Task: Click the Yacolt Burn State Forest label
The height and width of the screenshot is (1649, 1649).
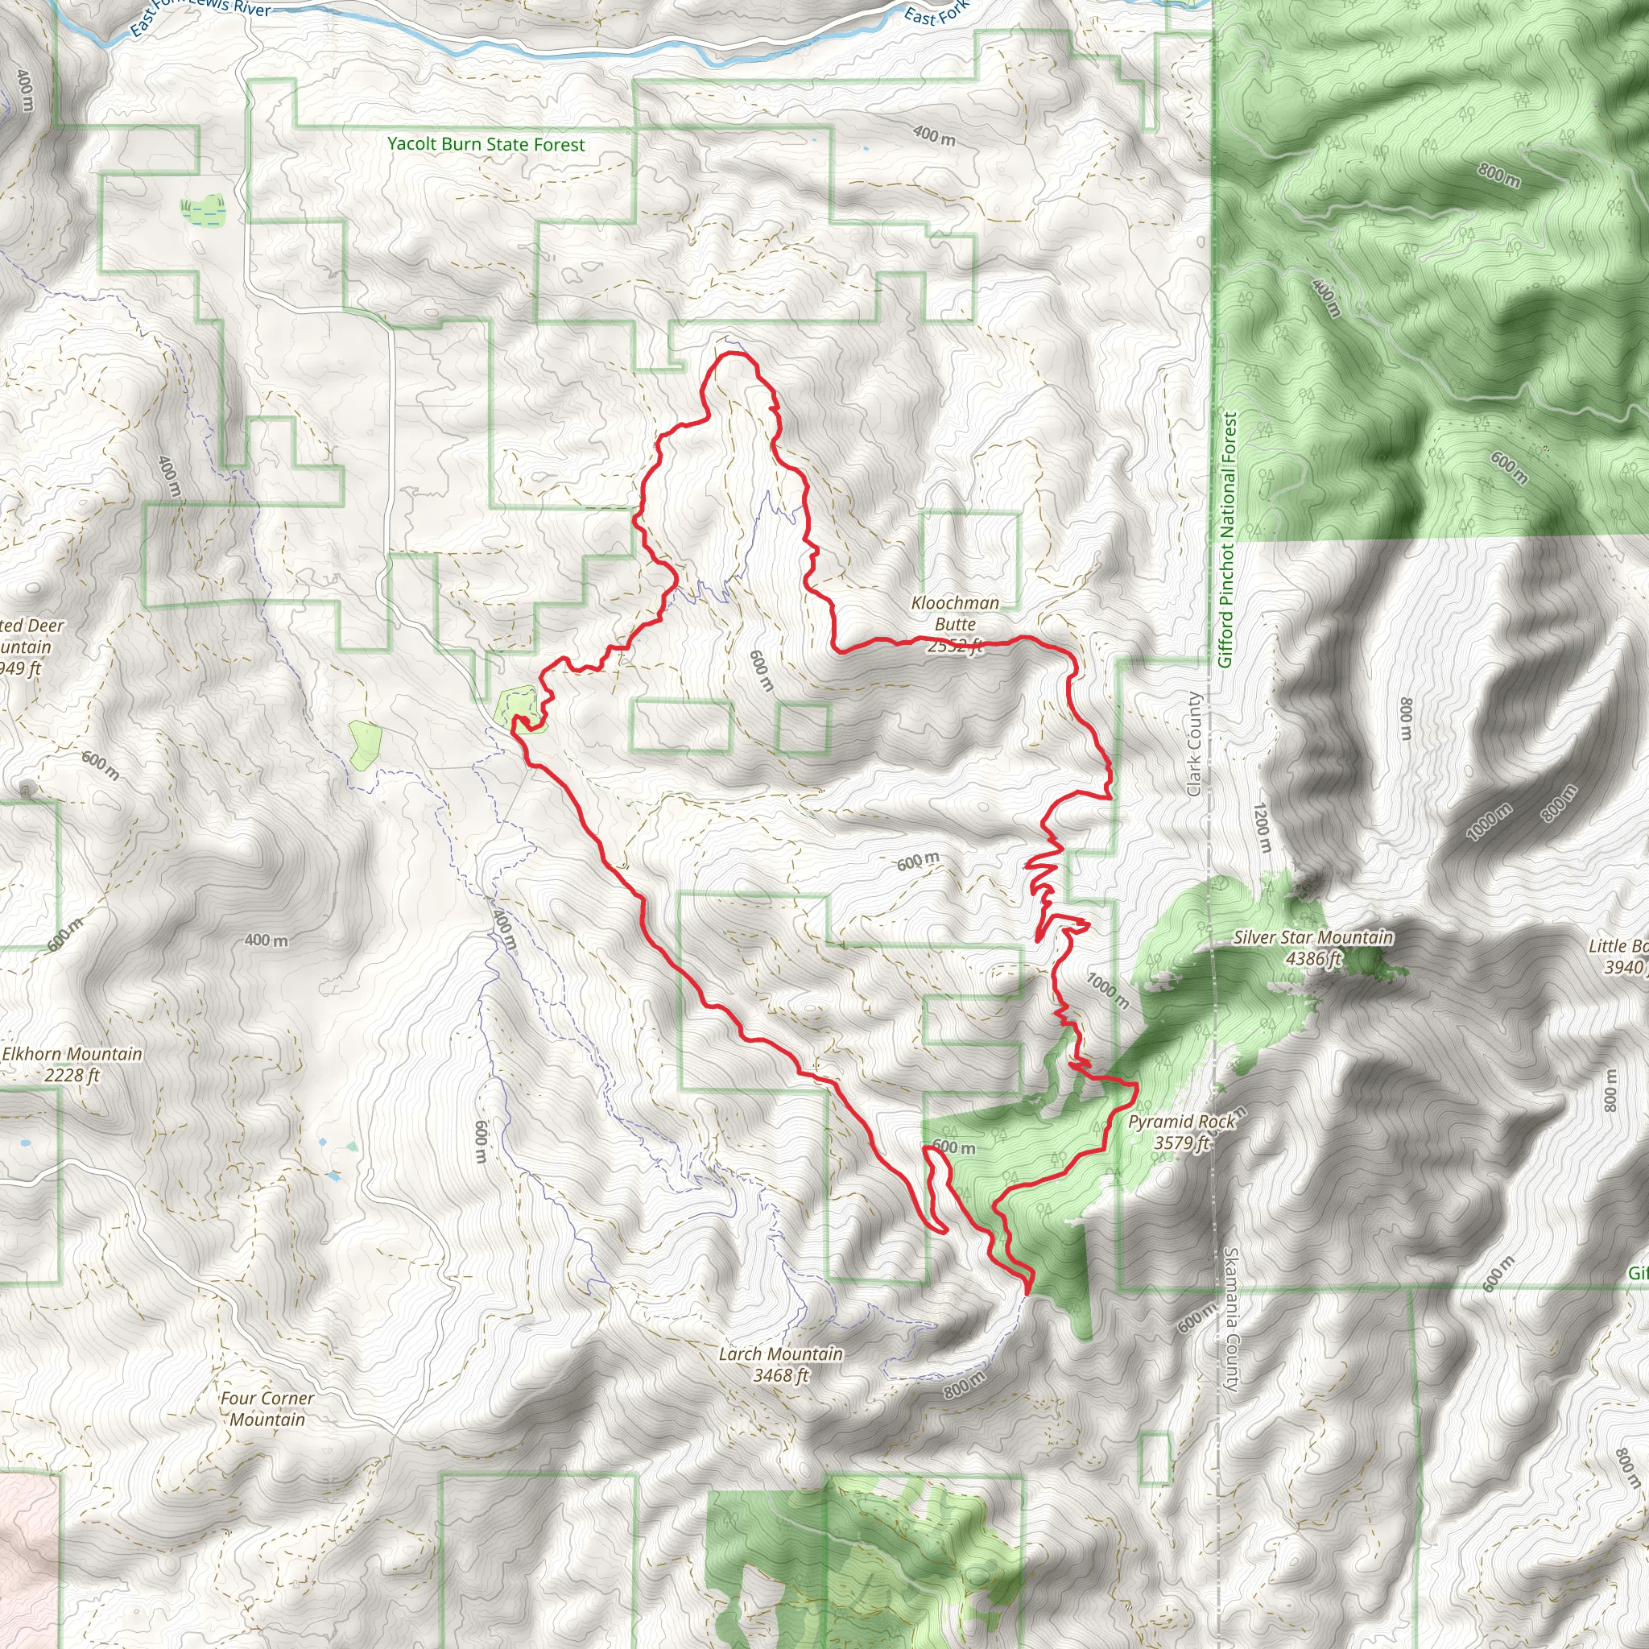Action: click(x=486, y=144)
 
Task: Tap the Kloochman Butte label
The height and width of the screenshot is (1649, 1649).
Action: click(x=955, y=614)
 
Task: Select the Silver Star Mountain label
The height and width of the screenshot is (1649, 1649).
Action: click(x=1312, y=937)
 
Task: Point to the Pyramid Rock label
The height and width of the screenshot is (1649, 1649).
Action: click(x=1181, y=1122)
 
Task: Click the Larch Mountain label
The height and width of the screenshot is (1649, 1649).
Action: click(x=780, y=1354)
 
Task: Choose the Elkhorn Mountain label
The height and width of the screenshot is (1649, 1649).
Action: click(x=72, y=1054)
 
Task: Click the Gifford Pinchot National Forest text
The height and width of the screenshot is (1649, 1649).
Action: click(x=1226, y=539)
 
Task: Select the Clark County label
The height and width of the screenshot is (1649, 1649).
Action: click(x=1194, y=744)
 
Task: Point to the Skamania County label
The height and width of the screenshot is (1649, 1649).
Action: click(x=1231, y=1320)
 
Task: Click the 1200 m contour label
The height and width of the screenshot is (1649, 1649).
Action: click(x=1263, y=827)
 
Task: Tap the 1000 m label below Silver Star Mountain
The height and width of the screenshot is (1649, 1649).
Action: click(x=1108, y=991)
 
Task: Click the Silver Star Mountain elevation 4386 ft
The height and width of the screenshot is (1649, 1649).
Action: click(x=1312, y=958)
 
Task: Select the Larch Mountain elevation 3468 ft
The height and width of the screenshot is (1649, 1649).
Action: click(x=780, y=1375)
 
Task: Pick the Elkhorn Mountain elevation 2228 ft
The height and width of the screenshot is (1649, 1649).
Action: click(x=72, y=1076)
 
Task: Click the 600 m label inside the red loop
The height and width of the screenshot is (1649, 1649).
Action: click(x=759, y=671)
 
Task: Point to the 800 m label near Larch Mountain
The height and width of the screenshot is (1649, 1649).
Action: click(x=965, y=1384)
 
